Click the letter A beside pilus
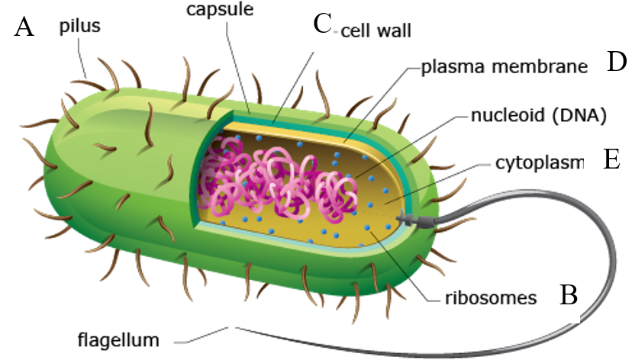pyautogui.click(x=24, y=27)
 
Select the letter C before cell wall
pyautogui.click(x=322, y=24)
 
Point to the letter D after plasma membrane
pyautogui.click(x=617, y=63)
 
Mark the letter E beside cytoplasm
pyautogui.click(x=611, y=159)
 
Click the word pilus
pyautogui.click(x=80, y=26)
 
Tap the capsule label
pyautogui.click(x=220, y=9)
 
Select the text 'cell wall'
pyautogui.click(x=376, y=31)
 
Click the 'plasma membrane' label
pyautogui.click(x=505, y=67)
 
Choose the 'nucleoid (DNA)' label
pyautogui.click(x=539, y=116)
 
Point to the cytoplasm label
pyautogui.click(x=540, y=163)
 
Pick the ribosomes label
pyautogui.click(x=491, y=298)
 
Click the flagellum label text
pyautogui.click(x=118, y=339)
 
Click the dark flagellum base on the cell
pyautogui.click(x=416, y=220)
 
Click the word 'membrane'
pyautogui.click(x=540, y=66)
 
